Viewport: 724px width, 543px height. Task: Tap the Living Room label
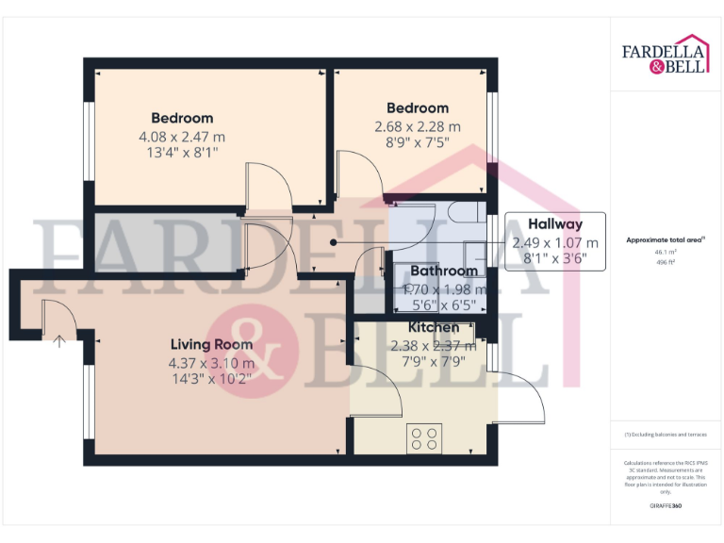click(x=211, y=345)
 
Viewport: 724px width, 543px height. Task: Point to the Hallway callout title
click(x=554, y=224)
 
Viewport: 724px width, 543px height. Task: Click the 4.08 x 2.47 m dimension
click(x=182, y=137)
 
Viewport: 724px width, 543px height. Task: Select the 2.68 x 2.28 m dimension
click(x=418, y=126)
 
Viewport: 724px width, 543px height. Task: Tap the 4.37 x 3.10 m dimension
click(x=211, y=363)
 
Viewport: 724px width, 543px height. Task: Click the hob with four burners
click(x=424, y=438)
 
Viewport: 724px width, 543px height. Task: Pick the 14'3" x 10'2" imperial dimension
click(x=211, y=380)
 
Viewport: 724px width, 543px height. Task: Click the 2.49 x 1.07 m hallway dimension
click(x=554, y=242)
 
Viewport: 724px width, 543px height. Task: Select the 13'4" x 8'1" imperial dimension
click(x=182, y=154)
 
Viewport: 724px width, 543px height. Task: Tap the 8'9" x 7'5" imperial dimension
click(x=418, y=143)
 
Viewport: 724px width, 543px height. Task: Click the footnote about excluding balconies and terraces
click(x=665, y=435)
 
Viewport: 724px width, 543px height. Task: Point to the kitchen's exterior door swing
click(x=523, y=396)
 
